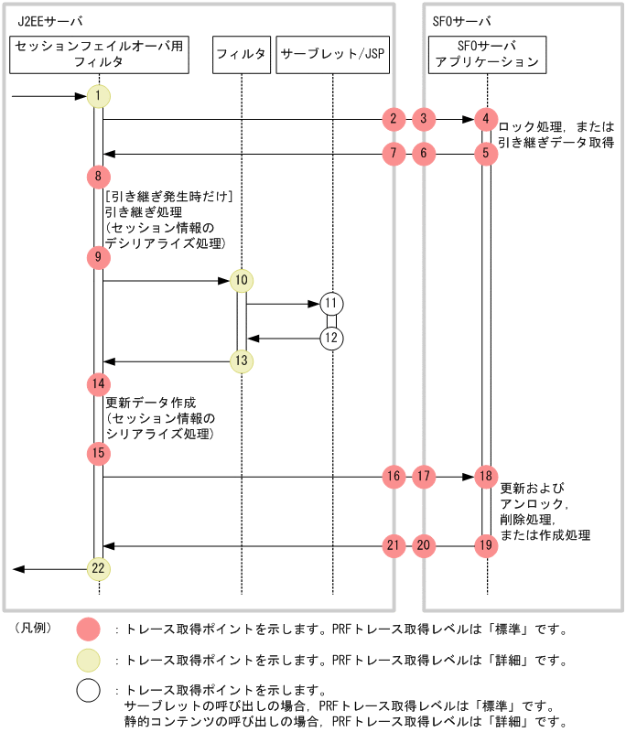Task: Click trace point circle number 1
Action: click(x=98, y=96)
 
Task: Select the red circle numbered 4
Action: click(x=486, y=119)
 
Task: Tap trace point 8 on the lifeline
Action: click(x=98, y=176)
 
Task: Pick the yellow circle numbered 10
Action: click(x=242, y=280)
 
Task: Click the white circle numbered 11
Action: click(x=331, y=304)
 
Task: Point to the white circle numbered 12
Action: click(x=331, y=339)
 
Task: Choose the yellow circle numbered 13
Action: click(x=242, y=361)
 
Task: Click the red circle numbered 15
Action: click(x=98, y=453)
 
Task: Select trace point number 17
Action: click(x=423, y=477)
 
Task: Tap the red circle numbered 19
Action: click(x=486, y=546)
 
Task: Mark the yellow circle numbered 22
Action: click(x=98, y=569)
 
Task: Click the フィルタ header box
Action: click(x=242, y=55)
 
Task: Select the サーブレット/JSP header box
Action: click(x=333, y=55)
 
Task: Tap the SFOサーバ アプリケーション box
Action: click(x=487, y=55)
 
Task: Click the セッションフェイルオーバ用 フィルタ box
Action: click(x=100, y=55)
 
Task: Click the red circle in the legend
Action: click(x=89, y=630)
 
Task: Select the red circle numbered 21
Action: click(x=393, y=546)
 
